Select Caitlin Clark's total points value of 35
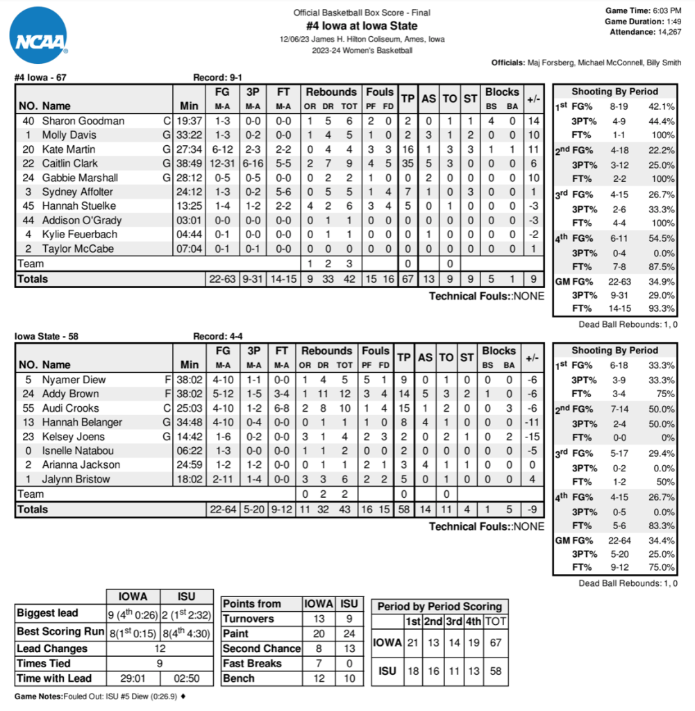click(408, 163)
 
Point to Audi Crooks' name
click(70, 408)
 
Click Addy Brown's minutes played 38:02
click(189, 394)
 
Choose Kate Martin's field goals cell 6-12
click(222, 149)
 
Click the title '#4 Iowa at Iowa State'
click(361, 26)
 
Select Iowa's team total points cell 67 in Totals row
click(408, 279)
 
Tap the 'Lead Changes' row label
click(52, 649)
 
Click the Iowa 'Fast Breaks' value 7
click(319, 663)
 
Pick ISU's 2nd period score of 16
click(433, 671)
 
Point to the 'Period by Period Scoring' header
click(439, 606)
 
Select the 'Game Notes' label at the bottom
click(38, 696)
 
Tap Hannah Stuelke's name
click(78, 206)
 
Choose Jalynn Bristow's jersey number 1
click(28, 479)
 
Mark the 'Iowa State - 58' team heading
click(46, 337)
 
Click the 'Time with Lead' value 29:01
click(133, 678)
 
